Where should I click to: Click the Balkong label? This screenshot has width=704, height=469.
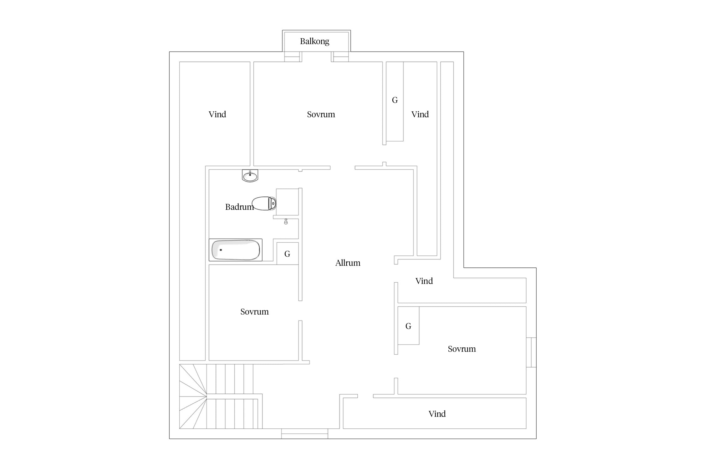click(x=314, y=41)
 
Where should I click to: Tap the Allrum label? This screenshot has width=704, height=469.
click(x=348, y=263)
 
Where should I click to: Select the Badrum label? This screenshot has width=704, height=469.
click(x=239, y=207)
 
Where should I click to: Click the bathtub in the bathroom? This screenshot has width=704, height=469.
click(x=236, y=250)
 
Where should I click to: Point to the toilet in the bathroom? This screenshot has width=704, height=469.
click(x=264, y=203)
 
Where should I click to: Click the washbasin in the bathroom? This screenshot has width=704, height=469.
click(x=250, y=176)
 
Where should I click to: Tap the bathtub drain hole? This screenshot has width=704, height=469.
click(x=221, y=250)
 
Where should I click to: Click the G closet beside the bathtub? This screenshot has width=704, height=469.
click(x=288, y=254)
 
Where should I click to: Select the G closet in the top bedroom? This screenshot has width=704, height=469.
click(x=395, y=101)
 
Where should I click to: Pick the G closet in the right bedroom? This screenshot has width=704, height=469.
click(x=408, y=325)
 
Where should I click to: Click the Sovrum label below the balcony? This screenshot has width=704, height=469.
click(x=321, y=114)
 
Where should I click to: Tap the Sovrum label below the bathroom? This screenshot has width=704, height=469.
click(x=254, y=312)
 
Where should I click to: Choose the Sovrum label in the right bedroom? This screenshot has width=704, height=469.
click(x=462, y=349)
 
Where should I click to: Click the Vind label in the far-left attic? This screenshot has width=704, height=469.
click(x=217, y=114)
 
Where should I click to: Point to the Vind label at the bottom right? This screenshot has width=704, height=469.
click(x=437, y=414)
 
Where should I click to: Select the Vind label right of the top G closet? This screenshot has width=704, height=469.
click(x=420, y=114)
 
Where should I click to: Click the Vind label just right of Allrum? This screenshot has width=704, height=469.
click(x=424, y=281)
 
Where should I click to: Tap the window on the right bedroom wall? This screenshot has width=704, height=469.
click(x=531, y=352)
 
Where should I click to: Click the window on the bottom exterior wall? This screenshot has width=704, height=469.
click(x=304, y=434)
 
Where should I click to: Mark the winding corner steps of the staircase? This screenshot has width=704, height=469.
click(x=193, y=396)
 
